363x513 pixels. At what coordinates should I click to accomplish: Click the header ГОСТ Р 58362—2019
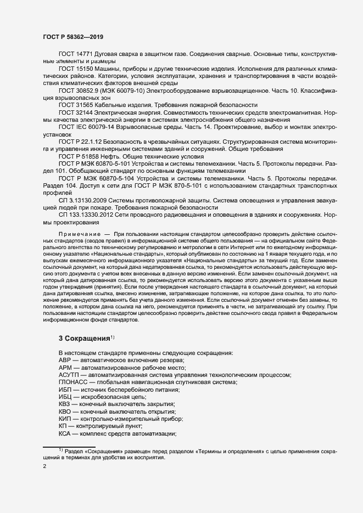pos(72,37)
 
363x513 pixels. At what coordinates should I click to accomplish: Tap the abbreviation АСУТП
pos(69,374)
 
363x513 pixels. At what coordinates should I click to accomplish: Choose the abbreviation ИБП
pos(65,389)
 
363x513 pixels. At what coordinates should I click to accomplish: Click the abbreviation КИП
pos(65,419)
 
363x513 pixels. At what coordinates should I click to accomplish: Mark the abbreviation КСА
pos(65,433)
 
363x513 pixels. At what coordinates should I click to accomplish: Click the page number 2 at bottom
pos(44,467)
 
